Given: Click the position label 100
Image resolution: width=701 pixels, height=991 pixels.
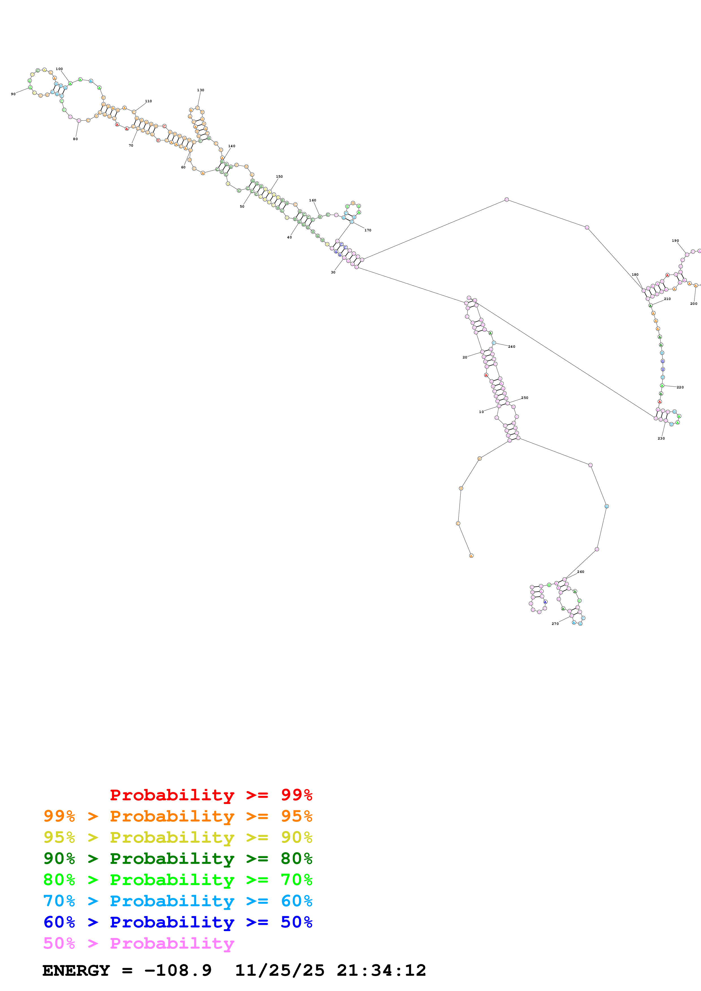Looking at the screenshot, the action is click(59, 69).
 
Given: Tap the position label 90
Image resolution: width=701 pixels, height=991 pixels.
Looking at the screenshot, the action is click(13, 94).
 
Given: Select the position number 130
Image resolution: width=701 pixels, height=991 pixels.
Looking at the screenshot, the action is click(200, 90).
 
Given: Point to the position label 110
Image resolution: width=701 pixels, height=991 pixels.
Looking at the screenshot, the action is click(148, 101).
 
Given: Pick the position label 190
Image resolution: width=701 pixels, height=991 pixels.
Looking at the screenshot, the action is click(675, 241).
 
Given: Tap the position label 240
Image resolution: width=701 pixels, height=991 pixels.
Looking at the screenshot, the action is click(511, 347).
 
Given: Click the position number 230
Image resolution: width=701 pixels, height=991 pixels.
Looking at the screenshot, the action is click(661, 438).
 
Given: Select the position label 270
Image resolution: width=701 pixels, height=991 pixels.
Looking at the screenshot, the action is click(555, 624).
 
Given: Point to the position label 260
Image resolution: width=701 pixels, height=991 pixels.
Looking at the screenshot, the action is click(581, 572).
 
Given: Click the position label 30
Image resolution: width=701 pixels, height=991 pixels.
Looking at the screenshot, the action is click(333, 272).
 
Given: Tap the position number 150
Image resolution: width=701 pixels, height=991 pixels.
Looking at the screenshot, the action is click(279, 177).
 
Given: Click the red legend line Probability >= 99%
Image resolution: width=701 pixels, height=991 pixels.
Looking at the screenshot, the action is click(211, 795).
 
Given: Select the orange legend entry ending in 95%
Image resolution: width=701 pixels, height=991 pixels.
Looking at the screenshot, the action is click(178, 816).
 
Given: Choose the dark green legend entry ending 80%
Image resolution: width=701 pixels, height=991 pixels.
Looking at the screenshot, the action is click(178, 859).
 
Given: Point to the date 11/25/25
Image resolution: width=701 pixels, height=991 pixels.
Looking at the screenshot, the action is click(279, 971).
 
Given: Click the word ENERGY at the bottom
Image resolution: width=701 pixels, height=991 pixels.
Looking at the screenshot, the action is click(76, 971).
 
